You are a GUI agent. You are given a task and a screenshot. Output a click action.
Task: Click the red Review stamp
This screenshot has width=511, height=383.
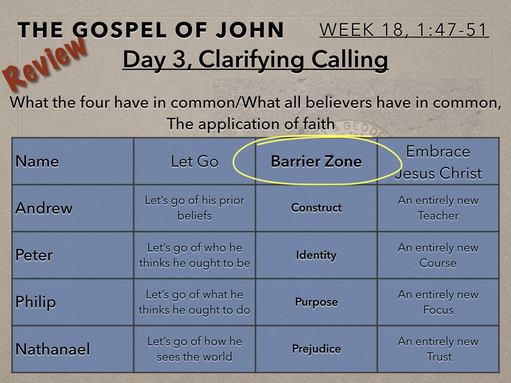pyautogui.click(x=45, y=64)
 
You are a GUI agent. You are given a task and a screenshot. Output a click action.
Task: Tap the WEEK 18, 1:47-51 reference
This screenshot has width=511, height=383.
pyautogui.click(x=404, y=30)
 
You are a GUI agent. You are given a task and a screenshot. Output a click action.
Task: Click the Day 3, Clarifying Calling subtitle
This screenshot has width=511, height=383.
pyautogui.click(x=255, y=60)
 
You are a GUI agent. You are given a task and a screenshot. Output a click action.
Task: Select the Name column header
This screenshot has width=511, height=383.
pyautogui.click(x=37, y=162)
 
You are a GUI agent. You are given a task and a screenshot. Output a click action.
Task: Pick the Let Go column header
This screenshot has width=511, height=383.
pyautogui.click(x=195, y=162)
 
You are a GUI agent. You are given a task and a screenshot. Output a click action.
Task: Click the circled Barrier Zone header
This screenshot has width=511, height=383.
pyautogui.click(x=316, y=162)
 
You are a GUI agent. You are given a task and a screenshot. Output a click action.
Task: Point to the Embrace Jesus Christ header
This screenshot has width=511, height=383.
pyautogui.click(x=438, y=162)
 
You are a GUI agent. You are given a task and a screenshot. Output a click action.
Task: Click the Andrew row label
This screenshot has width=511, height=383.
pyautogui.click(x=44, y=208)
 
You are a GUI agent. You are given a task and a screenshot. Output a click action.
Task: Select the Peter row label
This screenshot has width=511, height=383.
pyautogui.click(x=34, y=255)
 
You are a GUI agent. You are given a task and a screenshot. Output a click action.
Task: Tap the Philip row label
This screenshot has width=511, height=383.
pyautogui.click(x=35, y=302)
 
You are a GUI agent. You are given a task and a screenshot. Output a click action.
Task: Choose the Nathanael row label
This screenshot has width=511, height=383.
pyautogui.click(x=52, y=349)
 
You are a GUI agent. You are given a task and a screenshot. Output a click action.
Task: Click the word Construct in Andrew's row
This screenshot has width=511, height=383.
pyautogui.click(x=316, y=208)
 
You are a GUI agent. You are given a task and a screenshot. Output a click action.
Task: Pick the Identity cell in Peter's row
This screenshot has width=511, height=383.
pyautogui.click(x=316, y=255)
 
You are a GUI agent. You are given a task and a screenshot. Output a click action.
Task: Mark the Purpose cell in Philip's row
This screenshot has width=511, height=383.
pyautogui.click(x=316, y=302)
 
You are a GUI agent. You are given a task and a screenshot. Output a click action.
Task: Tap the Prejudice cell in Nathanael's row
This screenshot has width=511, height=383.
pyautogui.click(x=316, y=349)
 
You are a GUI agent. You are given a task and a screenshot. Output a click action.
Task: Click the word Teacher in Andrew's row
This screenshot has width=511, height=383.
pyautogui.click(x=438, y=215)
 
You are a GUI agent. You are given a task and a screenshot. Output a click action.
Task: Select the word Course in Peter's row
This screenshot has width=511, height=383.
pyautogui.click(x=438, y=263)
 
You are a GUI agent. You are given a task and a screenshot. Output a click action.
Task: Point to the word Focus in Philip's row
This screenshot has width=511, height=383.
pyautogui.click(x=438, y=310)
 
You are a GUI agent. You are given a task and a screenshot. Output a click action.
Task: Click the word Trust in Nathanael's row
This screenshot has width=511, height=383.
pyautogui.click(x=439, y=357)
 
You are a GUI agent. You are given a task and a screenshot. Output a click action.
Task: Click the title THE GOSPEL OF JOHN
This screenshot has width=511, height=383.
pyautogui.click(x=151, y=30)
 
